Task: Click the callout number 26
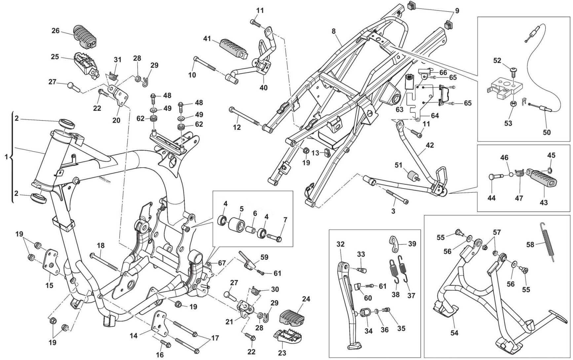coord(55,31)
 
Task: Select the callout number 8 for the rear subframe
coord(333,31)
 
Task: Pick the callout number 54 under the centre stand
coord(455,333)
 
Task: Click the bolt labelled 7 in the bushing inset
coord(274,236)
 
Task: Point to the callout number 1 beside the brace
coord(6,157)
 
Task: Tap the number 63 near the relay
coord(399,109)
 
